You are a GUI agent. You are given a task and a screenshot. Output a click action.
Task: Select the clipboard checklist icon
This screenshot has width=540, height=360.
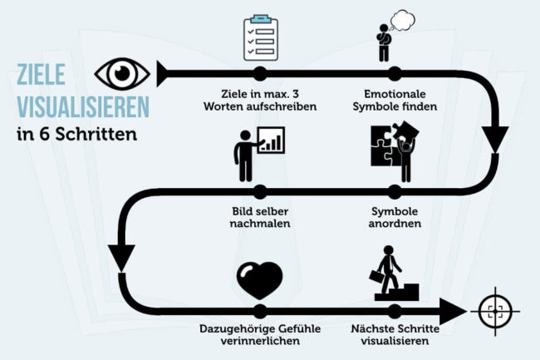click(260, 37)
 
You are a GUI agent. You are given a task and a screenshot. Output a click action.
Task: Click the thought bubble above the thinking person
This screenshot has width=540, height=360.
click(402, 18)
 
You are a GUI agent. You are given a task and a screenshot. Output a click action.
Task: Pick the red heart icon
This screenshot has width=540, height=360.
click(260, 279)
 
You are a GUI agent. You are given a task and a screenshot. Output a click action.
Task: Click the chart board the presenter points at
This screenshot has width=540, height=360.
click(271, 140)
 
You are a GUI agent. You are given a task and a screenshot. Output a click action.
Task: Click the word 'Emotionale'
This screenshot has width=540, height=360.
click(395, 94)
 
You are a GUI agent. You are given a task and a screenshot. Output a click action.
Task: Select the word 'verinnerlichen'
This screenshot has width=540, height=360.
click(260, 341)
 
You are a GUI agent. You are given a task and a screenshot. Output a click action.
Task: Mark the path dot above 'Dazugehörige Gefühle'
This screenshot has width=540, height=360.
click(260, 309)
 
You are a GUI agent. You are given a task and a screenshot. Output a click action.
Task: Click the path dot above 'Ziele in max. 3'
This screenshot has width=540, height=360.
click(260, 73)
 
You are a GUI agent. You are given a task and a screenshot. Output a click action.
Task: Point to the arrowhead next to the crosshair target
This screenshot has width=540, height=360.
click(452, 311)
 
